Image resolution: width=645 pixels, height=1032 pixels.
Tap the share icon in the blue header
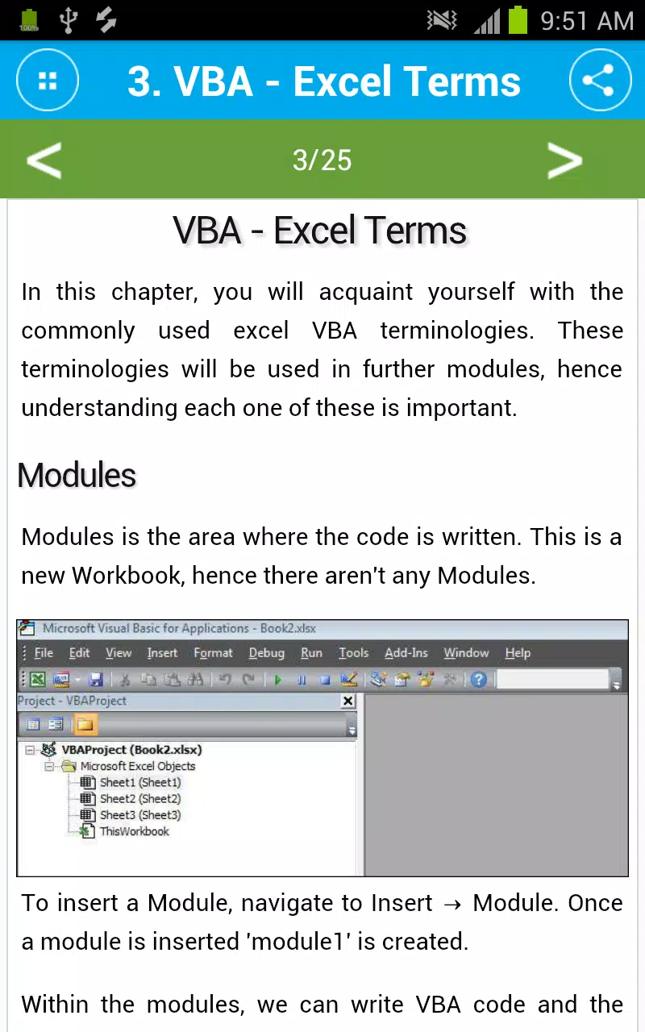tap(600, 80)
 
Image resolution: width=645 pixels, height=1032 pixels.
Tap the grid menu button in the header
tap(48, 80)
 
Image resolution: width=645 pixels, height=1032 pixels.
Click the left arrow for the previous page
tap(44, 160)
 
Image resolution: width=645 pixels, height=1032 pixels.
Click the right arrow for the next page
tap(565, 160)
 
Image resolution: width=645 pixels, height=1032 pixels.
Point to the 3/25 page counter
tap(322, 160)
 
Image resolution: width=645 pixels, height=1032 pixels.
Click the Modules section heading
tap(77, 475)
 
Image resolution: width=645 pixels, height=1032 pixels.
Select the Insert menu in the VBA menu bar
tap(162, 653)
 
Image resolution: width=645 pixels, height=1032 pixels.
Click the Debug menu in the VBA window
tap(267, 653)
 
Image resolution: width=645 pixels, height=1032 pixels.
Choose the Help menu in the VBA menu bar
tap(518, 653)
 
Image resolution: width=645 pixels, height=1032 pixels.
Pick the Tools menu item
tap(354, 653)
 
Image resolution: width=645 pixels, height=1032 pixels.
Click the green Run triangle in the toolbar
tap(278, 680)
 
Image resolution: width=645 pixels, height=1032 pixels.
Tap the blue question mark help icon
tap(479, 680)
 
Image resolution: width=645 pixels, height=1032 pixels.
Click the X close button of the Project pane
tap(347, 701)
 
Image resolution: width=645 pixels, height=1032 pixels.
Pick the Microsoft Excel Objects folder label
tap(138, 766)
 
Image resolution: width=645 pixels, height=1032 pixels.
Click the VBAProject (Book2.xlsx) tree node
tap(131, 750)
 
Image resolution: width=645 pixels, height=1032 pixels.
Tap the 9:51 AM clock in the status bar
tap(587, 21)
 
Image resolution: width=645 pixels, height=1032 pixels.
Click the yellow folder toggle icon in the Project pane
tap(85, 725)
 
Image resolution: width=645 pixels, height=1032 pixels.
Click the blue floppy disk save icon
tap(95, 680)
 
